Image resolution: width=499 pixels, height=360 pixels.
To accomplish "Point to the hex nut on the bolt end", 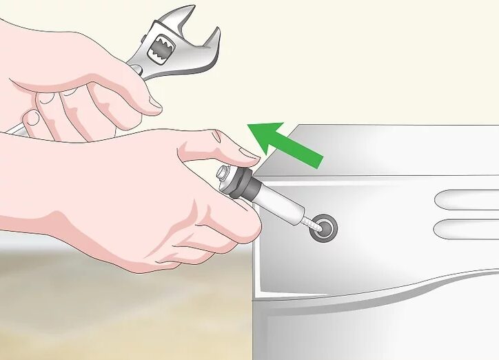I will [x=225, y=176].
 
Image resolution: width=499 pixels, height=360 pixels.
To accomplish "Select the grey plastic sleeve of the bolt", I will [x=276, y=202].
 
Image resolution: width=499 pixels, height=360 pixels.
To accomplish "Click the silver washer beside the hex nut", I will [x=234, y=181].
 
